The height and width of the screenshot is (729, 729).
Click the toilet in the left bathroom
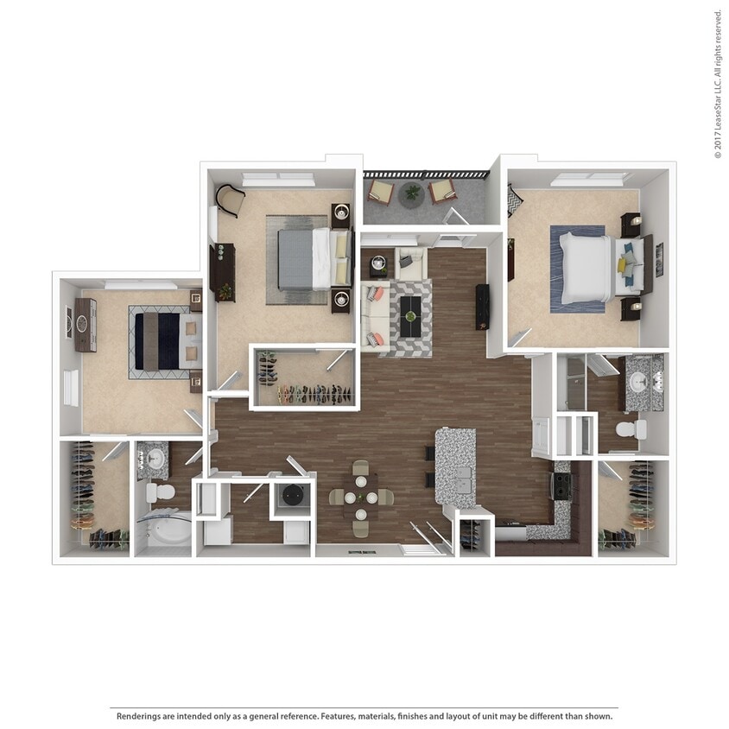click(x=159, y=492)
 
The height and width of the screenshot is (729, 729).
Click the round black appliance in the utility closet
click(x=292, y=497)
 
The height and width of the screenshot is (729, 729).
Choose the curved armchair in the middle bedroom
click(x=231, y=200)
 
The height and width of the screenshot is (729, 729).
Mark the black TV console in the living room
click(x=482, y=306)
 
